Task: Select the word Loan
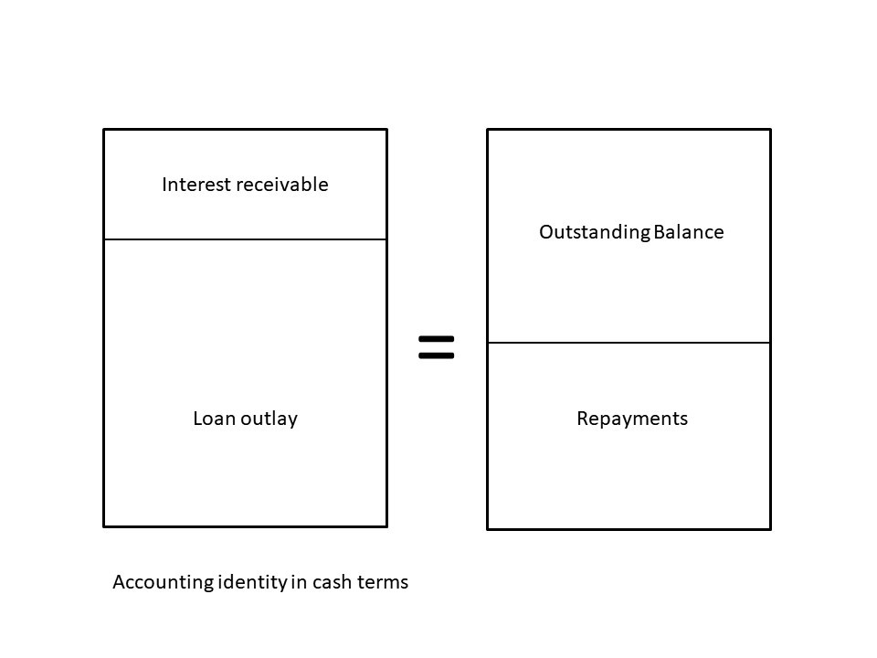(x=213, y=419)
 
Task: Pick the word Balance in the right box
(x=689, y=232)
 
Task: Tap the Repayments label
(x=632, y=419)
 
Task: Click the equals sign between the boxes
(x=436, y=346)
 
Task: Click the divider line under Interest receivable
(x=245, y=239)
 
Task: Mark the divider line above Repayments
(x=629, y=343)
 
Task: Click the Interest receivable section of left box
(x=245, y=210)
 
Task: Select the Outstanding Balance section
(x=629, y=274)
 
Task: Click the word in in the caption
(x=299, y=582)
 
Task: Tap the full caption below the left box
(x=260, y=582)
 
